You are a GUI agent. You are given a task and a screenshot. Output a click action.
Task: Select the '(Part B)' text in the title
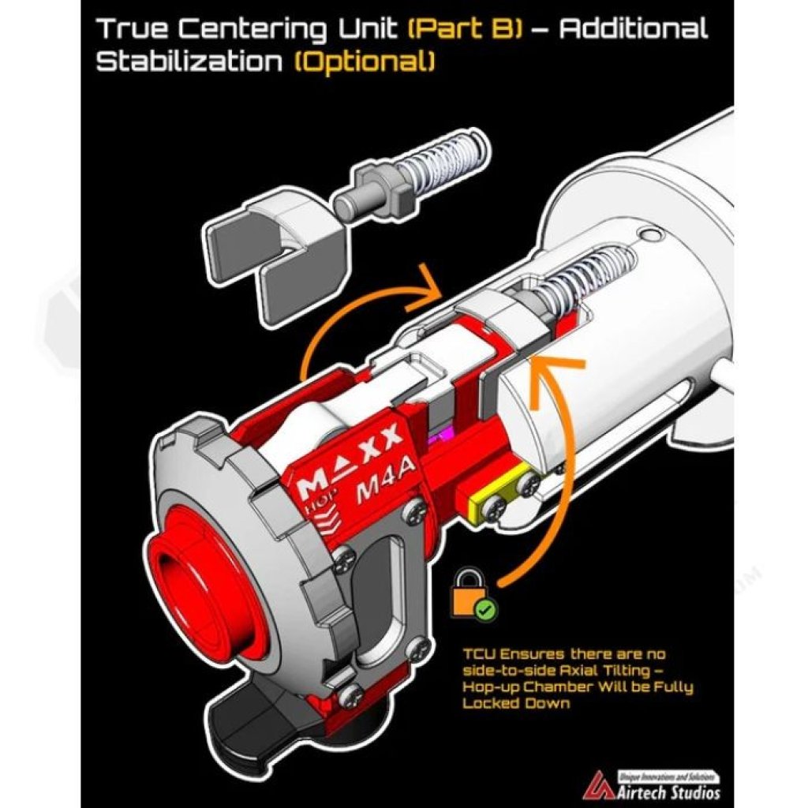tap(462, 29)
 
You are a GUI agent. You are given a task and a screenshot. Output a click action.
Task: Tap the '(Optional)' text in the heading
tap(364, 62)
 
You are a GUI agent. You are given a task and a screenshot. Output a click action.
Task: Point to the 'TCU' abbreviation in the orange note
tap(479, 654)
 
